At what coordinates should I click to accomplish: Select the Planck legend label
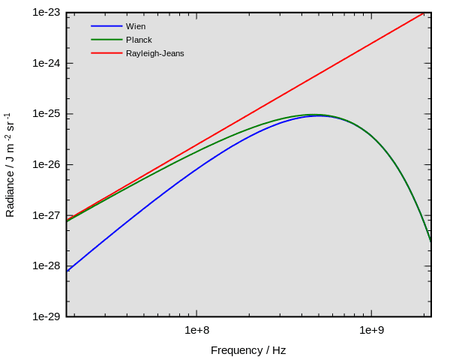[x=139, y=40]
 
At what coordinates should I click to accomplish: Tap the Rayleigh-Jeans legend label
[x=154, y=53]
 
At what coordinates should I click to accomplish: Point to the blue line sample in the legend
[x=106, y=26]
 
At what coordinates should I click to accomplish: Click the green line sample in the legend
[x=106, y=40]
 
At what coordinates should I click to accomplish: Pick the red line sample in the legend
[x=106, y=53]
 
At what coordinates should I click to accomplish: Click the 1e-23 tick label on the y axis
[x=46, y=13]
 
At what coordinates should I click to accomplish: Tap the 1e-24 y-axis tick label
[x=46, y=64]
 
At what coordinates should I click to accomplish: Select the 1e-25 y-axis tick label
[x=46, y=114]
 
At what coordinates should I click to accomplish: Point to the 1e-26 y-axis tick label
[x=46, y=165]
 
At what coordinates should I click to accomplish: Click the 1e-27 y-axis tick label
[x=46, y=215]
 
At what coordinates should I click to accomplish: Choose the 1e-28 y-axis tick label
[x=46, y=266]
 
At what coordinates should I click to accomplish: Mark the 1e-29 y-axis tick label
[x=46, y=316]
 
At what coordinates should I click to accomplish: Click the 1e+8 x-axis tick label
[x=196, y=330]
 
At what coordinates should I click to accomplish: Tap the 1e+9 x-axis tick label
[x=371, y=330]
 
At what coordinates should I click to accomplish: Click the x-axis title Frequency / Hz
[x=248, y=350]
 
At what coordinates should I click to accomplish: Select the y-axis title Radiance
[x=10, y=165]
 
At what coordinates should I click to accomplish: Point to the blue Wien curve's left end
[x=67, y=271]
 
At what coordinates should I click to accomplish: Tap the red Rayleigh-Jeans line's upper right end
[x=424, y=13]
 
